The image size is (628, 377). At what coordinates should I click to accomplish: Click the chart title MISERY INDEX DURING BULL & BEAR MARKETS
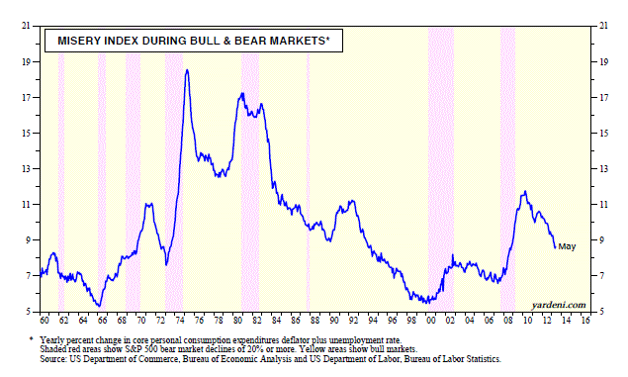pos(194,41)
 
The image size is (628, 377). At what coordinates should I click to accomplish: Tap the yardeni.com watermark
pos(559,305)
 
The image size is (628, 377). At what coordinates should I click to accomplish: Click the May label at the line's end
pos(567,246)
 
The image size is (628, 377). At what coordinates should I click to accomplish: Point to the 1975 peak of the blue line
pos(187,70)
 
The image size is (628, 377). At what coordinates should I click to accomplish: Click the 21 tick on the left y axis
pos(26,26)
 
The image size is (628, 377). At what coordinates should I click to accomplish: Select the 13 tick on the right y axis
pos(603,168)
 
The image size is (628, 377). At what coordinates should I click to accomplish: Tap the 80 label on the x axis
pos(237,321)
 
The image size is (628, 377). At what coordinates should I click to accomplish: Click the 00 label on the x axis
pos(430,321)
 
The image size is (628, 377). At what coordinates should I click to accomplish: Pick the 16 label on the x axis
pos(585,321)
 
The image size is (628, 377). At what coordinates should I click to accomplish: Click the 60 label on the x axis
pos(45,321)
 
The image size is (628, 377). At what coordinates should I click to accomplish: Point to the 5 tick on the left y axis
pos(28,312)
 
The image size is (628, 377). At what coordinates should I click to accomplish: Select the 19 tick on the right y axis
pos(603,61)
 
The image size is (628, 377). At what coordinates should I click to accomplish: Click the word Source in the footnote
pos(53,359)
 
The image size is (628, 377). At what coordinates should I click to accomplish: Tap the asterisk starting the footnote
pos(32,339)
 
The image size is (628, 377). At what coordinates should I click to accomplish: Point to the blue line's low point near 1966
pos(99,306)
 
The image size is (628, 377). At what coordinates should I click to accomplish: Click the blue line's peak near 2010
pos(525,192)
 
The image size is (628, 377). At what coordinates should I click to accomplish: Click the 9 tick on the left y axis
pos(28,240)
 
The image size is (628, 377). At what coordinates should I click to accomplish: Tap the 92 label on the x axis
pos(353,321)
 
